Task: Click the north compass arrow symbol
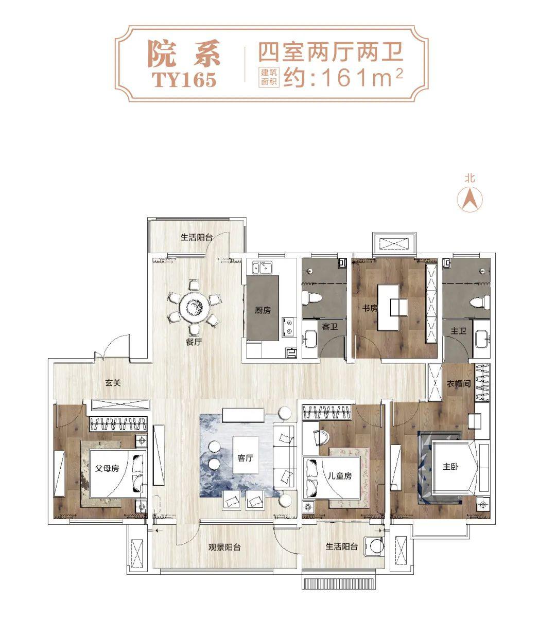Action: (469, 199)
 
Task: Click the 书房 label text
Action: (370, 308)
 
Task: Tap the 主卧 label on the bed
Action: (451, 468)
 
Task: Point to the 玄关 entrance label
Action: (113, 383)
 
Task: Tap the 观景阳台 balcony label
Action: (224, 547)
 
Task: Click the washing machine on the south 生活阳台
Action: (375, 545)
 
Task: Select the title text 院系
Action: (183, 54)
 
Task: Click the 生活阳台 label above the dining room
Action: (197, 238)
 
